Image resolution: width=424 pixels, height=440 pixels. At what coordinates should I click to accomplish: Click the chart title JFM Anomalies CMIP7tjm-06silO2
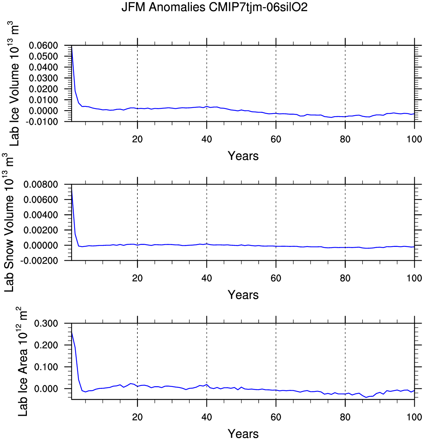coord(214,7)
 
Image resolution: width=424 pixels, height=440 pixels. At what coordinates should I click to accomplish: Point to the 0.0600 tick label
coord(43,46)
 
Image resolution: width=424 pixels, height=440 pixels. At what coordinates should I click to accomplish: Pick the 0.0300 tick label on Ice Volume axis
coord(43,78)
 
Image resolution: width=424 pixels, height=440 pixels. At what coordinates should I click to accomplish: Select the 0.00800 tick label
coord(40,185)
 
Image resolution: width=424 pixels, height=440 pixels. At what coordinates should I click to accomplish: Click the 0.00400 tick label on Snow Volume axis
coord(40,215)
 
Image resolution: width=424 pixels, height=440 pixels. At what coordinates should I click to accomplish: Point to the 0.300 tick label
coord(46,323)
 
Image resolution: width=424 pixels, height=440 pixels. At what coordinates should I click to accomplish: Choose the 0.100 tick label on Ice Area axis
coord(46,367)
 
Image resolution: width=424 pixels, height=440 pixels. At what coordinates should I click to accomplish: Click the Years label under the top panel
coord(243,156)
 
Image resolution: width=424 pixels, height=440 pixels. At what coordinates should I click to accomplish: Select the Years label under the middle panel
coord(243,295)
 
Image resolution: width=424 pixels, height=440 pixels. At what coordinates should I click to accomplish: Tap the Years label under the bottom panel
coord(243,434)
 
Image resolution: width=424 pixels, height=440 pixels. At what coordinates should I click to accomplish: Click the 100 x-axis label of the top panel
coord(414,139)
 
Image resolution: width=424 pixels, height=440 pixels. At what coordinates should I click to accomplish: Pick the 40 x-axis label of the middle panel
coord(206,278)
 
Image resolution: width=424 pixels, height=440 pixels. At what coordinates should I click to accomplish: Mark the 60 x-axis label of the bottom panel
coord(276,417)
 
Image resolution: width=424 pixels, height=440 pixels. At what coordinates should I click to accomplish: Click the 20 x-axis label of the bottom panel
coord(137,417)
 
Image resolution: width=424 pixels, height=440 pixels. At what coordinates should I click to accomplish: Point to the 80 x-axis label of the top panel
coord(345,139)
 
